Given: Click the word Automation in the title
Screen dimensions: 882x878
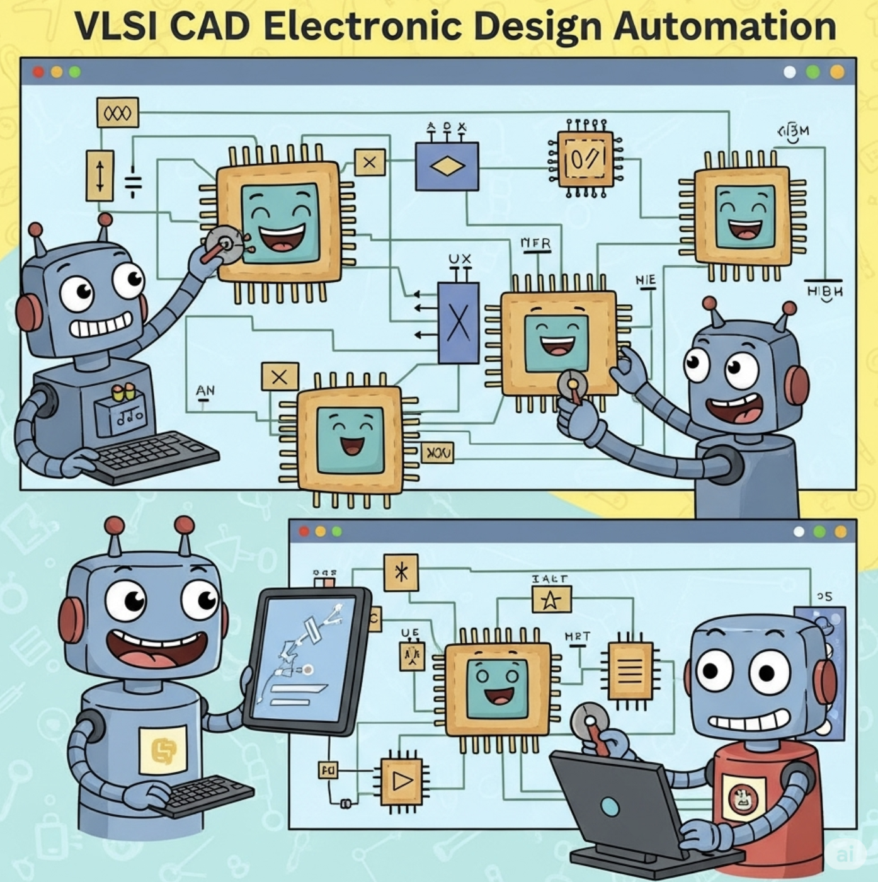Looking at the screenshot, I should (724, 26).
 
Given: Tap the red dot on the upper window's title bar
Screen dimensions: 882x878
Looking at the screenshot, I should (38, 72).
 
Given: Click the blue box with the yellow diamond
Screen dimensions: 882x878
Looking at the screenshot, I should (447, 166).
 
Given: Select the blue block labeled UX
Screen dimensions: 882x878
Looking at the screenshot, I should (458, 323).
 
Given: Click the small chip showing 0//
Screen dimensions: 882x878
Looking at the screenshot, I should (585, 159).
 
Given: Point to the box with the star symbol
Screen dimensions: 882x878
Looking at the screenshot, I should (551, 600).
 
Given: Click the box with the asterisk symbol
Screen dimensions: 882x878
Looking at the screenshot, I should (401, 572).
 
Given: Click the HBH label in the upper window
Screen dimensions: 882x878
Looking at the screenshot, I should (824, 291).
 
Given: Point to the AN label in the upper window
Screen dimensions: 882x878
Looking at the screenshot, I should (205, 391).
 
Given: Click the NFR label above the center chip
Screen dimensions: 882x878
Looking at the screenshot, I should (535, 243).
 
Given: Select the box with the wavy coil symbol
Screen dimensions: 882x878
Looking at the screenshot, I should (117, 113).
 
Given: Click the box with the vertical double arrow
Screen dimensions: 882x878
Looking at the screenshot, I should (100, 175).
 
